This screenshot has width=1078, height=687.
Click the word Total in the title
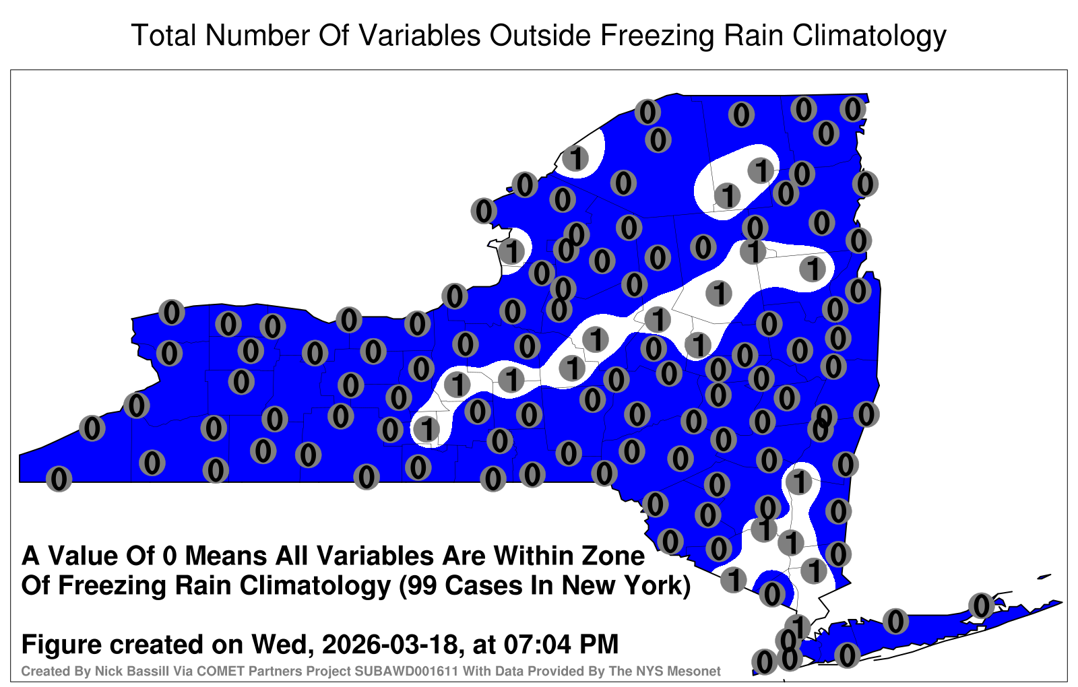coord(164,35)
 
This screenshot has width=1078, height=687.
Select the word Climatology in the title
coord(869,36)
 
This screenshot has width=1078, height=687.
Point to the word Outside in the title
coord(540,35)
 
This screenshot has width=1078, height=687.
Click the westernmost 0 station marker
coord(59,479)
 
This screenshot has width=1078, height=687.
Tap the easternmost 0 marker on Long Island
coord(982,606)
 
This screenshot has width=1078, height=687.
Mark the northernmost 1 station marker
coord(575,158)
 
